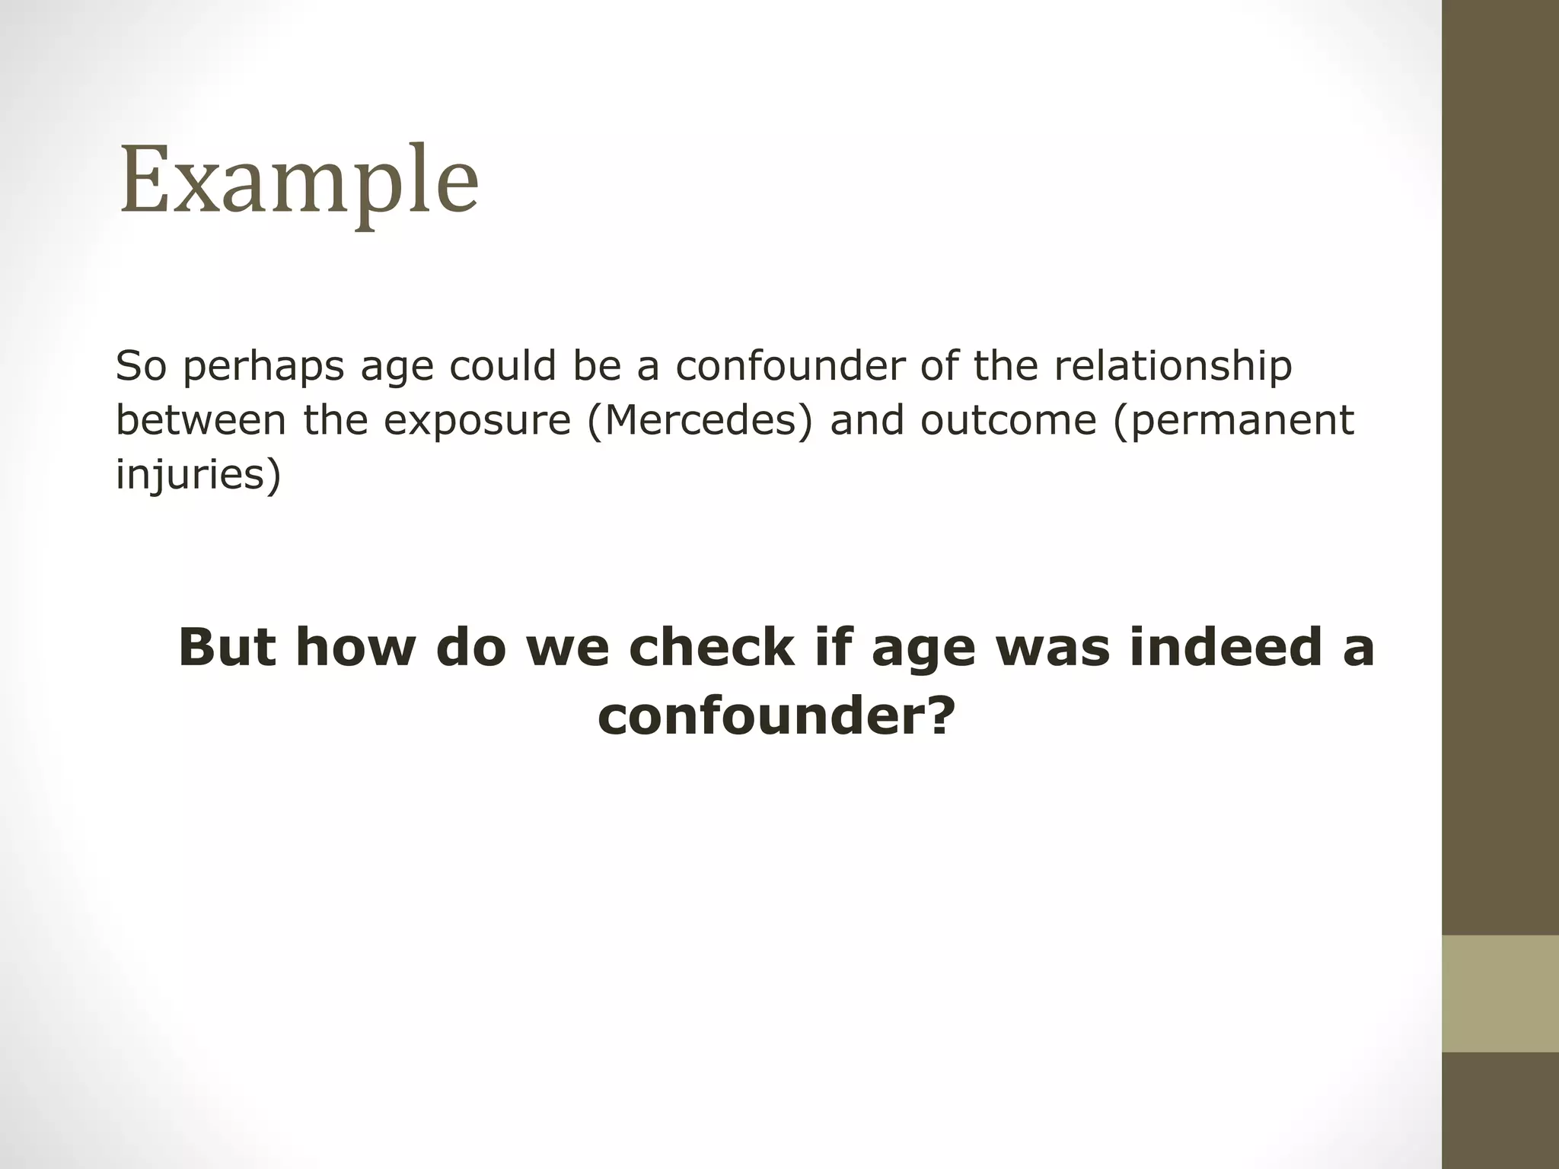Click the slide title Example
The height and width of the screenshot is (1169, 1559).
click(x=299, y=181)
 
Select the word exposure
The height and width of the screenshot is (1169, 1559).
click(x=477, y=420)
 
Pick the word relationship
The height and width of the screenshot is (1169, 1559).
click(x=1173, y=366)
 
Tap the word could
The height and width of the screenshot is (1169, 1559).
click(x=503, y=365)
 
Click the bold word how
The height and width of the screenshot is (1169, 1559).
click(x=354, y=647)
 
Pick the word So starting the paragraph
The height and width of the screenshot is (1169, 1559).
click(x=141, y=365)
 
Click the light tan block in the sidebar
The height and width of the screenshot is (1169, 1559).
click(x=1500, y=993)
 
